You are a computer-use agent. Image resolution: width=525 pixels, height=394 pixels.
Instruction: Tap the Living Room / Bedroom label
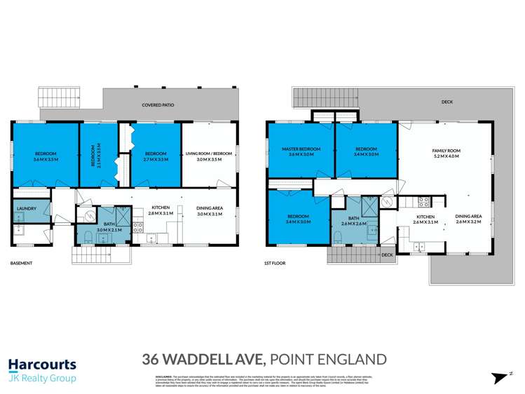[208, 156]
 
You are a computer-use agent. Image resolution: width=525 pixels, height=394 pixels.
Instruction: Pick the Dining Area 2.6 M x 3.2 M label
[468, 219]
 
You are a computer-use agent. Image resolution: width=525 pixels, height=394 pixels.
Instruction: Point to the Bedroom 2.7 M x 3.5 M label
[155, 156]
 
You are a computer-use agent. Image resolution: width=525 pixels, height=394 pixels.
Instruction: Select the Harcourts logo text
[42, 365]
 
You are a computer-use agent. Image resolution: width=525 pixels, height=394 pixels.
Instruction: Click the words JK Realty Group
[42, 379]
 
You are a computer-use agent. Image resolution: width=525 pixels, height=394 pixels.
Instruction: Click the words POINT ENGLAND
[328, 360]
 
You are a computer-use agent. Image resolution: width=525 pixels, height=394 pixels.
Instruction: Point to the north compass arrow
[500, 377]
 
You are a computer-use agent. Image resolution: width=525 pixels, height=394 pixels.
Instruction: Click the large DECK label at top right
[447, 102]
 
